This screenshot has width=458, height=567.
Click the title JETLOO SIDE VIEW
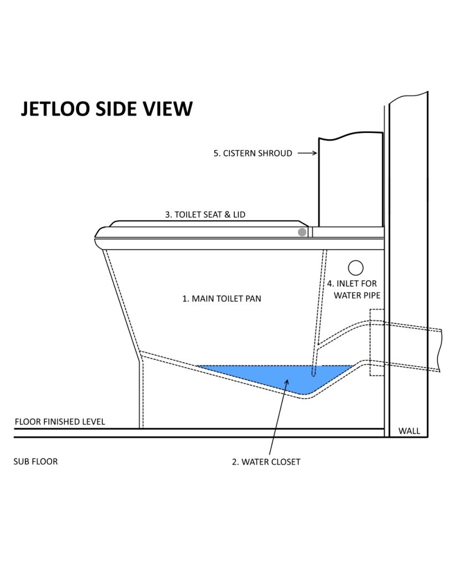point(107,109)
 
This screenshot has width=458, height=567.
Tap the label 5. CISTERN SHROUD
point(253,153)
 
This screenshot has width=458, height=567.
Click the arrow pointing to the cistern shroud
point(307,153)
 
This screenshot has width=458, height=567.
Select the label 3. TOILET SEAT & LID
point(205,214)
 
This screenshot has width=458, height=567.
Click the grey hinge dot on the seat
point(302,232)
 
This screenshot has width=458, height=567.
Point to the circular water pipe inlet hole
point(356,268)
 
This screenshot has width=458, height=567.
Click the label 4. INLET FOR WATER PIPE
point(355,289)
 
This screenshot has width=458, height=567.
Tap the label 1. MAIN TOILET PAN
point(222,298)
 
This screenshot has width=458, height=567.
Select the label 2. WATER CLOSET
point(266,462)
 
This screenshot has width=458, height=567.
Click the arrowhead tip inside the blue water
point(287,379)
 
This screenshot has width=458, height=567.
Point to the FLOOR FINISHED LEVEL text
point(60,421)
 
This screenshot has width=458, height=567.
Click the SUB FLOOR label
point(35,461)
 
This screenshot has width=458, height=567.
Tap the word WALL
point(409,431)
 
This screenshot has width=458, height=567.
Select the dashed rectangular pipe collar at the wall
point(377,342)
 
